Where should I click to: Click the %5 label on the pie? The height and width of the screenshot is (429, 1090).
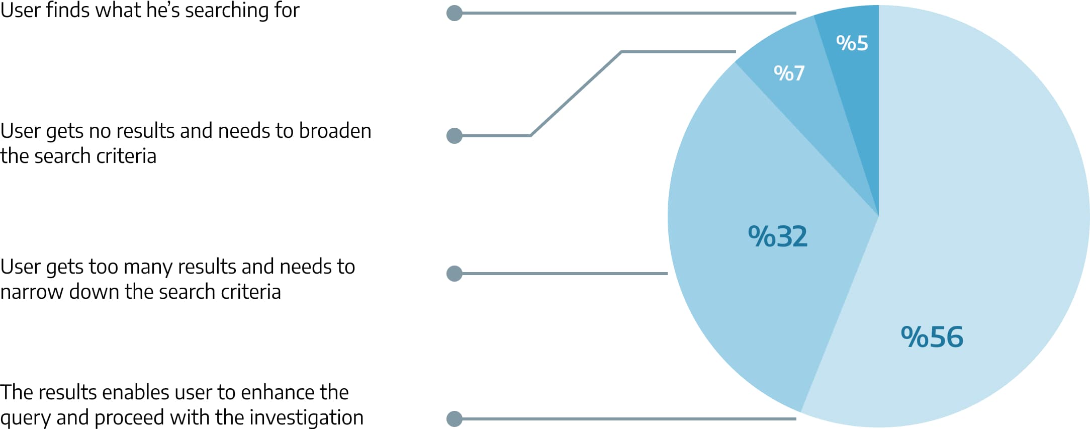tap(852, 43)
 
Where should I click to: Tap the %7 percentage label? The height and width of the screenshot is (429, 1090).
tap(789, 73)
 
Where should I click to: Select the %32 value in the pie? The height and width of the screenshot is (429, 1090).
tap(777, 236)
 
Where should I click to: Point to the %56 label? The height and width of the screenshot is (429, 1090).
tap(932, 336)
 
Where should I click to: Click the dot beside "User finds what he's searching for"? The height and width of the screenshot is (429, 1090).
tap(455, 13)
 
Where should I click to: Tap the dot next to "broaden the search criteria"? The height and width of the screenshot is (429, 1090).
tap(455, 136)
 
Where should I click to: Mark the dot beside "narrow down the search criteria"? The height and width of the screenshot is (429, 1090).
tap(455, 274)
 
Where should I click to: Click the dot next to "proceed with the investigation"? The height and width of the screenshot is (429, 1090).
tap(455, 418)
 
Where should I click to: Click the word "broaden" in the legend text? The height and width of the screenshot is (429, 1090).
tap(335, 131)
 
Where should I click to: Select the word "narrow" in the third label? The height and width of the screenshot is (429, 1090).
tap(32, 292)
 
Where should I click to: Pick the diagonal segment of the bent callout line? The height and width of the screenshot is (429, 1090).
tap(576, 94)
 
